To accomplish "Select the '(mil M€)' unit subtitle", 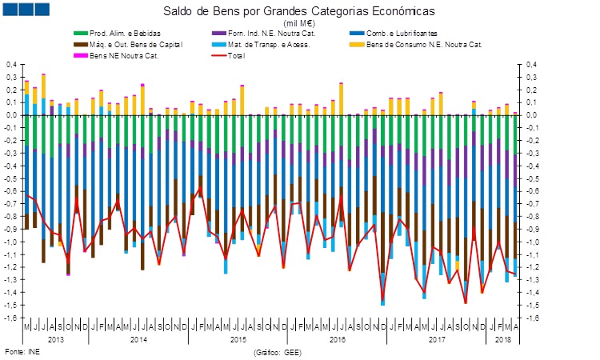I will [299, 23].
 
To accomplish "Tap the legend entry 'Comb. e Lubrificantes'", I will [398, 33].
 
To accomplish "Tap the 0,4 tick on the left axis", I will [11, 64].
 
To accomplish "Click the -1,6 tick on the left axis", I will [10, 318].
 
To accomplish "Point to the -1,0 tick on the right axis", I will [534, 242].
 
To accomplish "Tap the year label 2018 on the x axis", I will [502, 339].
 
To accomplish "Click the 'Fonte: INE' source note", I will [22, 352].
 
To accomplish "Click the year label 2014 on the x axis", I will [138, 339].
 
